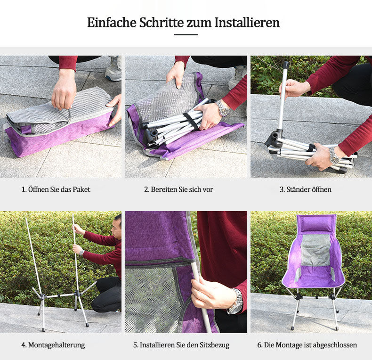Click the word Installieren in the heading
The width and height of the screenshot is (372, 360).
click(247, 23)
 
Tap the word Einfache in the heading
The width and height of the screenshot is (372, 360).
click(112, 23)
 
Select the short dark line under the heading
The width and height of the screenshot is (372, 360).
click(186, 35)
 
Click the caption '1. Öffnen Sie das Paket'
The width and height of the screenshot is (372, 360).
click(56, 189)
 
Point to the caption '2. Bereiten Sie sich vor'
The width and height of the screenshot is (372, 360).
click(178, 189)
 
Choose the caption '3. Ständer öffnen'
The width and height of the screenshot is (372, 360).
click(306, 189)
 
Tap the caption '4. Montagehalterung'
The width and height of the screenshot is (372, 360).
click(53, 345)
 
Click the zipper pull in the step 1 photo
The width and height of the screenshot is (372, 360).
click(69, 115)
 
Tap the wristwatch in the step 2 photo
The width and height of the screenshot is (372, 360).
click(223, 108)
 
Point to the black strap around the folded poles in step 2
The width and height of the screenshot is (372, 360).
click(190, 121)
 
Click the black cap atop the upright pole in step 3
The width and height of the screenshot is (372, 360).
click(286, 65)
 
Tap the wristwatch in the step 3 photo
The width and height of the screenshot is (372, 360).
click(334, 155)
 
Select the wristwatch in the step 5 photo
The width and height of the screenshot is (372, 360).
click(235, 302)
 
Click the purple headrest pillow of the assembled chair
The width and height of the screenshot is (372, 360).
click(316, 224)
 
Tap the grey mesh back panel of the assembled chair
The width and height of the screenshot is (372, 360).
click(315, 251)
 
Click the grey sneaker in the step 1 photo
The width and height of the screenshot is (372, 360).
click(113, 69)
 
